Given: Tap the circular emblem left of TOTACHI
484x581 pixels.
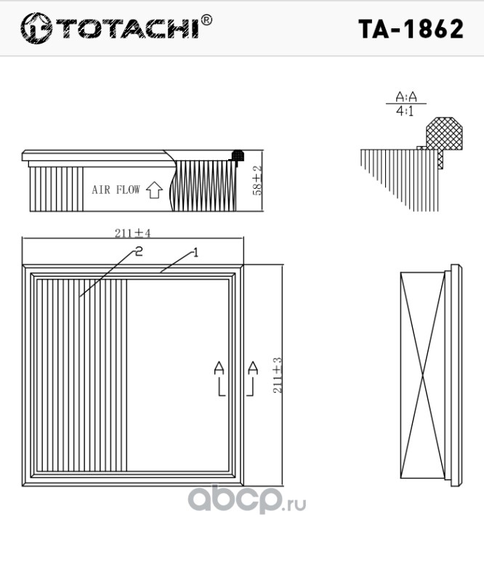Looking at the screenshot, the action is coord(36,28).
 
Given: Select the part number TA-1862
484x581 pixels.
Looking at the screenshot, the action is coord(411,29).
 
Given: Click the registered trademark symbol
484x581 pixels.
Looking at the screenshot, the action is coord(206,20).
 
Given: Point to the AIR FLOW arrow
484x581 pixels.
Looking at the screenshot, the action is coord(154,190).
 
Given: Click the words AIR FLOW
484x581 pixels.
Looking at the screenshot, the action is coord(116,190).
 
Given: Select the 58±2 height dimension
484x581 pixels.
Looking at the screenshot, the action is coord(257,180).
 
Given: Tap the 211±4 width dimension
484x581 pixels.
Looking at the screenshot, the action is coord(132,233).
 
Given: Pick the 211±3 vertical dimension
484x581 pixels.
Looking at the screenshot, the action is coord(278,375).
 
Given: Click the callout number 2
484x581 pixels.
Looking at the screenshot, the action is coord(138,251).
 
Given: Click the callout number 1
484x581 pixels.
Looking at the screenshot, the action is coord(195,253).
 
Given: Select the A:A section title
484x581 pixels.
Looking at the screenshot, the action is coord(406,97).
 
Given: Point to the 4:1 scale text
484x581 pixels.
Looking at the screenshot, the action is coord(405,111).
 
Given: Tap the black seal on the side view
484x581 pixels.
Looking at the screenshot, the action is coord(238,156).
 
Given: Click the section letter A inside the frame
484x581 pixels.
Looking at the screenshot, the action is coord(219,368).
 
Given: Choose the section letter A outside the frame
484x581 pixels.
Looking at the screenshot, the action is coord(253,368).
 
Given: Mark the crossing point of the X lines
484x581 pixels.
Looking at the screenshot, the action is coord(423,375).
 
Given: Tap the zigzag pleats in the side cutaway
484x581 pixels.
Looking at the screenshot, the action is coord(204,186).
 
